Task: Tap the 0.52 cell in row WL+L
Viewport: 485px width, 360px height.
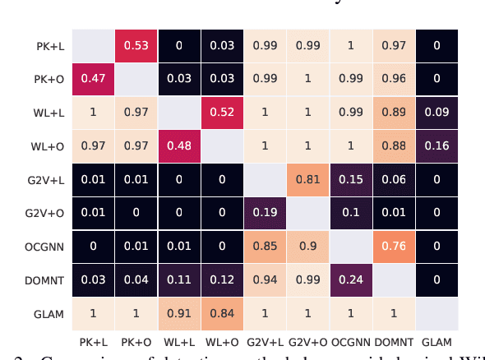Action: pyautogui.click(x=223, y=113)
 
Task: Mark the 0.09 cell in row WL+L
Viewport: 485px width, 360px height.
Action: pyautogui.click(x=436, y=113)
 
